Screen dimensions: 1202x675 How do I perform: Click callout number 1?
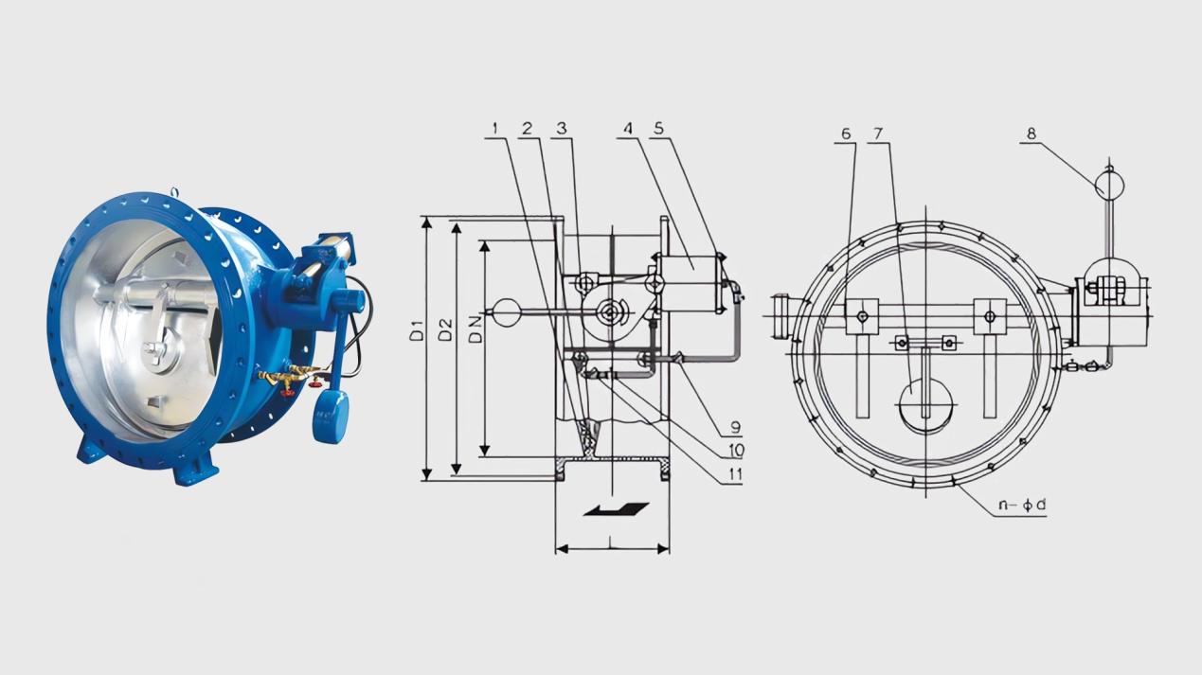495,128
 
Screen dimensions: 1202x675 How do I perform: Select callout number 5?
659,128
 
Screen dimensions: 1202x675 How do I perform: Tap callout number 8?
1031,133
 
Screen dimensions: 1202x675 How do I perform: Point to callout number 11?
735,474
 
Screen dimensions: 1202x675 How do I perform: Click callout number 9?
736,427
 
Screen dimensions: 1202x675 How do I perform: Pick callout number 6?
846,133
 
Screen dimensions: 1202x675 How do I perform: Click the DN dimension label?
475,329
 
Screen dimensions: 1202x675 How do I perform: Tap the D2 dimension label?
445,329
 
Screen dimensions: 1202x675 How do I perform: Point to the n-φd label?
1022,505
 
